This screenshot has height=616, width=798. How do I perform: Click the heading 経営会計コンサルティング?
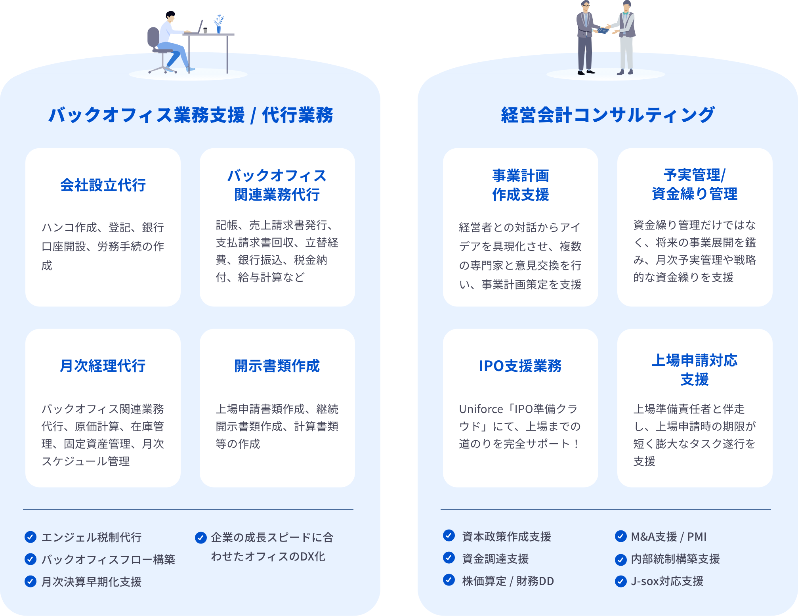pyautogui.click(x=607, y=115)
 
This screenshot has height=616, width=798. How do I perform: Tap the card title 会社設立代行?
pyautogui.click(x=103, y=185)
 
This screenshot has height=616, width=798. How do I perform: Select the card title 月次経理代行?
pyautogui.click(x=103, y=366)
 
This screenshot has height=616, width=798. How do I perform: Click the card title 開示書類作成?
pyautogui.click(x=277, y=366)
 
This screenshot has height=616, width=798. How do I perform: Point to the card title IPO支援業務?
pyautogui.click(x=520, y=366)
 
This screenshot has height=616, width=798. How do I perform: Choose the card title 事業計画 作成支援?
pyautogui.click(x=520, y=185)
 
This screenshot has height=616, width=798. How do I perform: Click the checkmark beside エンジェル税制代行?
pyautogui.click(x=31, y=537)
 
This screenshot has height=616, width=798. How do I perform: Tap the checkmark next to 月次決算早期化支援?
pyautogui.click(x=31, y=581)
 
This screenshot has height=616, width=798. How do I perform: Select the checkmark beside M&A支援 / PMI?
pyautogui.click(x=620, y=536)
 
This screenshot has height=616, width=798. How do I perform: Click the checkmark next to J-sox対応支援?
pyautogui.click(x=620, y=581)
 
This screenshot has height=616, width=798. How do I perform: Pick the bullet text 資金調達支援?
pyautogui.click(x=495, y=559)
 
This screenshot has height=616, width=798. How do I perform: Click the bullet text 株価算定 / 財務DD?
pyautogui.click(x=508, y=581)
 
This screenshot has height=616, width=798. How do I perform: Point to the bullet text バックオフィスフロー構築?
pyautogui.click(x=108, y=559)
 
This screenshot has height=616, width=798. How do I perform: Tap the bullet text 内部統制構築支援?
pyautogui.click(x=675, y=559)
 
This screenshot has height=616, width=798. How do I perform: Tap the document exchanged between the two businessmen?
pyautogui.click(x=603, y=30)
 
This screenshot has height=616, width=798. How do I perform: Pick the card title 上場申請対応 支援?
pyautogui.click(x=695, y=370)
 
